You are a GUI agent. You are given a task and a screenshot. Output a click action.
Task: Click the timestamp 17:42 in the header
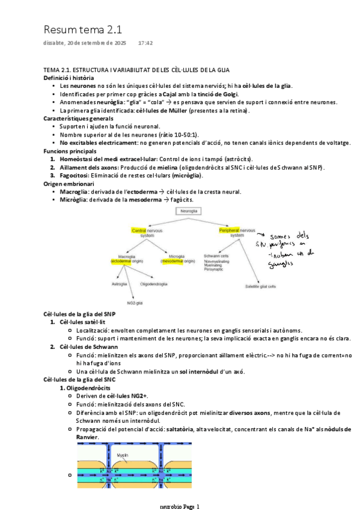tap(145, 43)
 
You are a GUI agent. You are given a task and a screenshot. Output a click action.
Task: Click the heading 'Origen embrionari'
tap(68, 183)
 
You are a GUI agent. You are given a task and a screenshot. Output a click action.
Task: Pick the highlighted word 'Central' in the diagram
tap(139, 230)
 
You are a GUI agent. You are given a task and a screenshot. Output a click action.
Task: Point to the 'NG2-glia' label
tap(135, 302)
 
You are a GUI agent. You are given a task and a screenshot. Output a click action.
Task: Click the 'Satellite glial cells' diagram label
tap(261, 286)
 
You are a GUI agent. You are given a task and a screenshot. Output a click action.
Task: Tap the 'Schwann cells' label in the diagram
tap(214, 256)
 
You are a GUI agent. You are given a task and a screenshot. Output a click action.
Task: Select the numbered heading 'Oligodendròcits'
tap(91, 388)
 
